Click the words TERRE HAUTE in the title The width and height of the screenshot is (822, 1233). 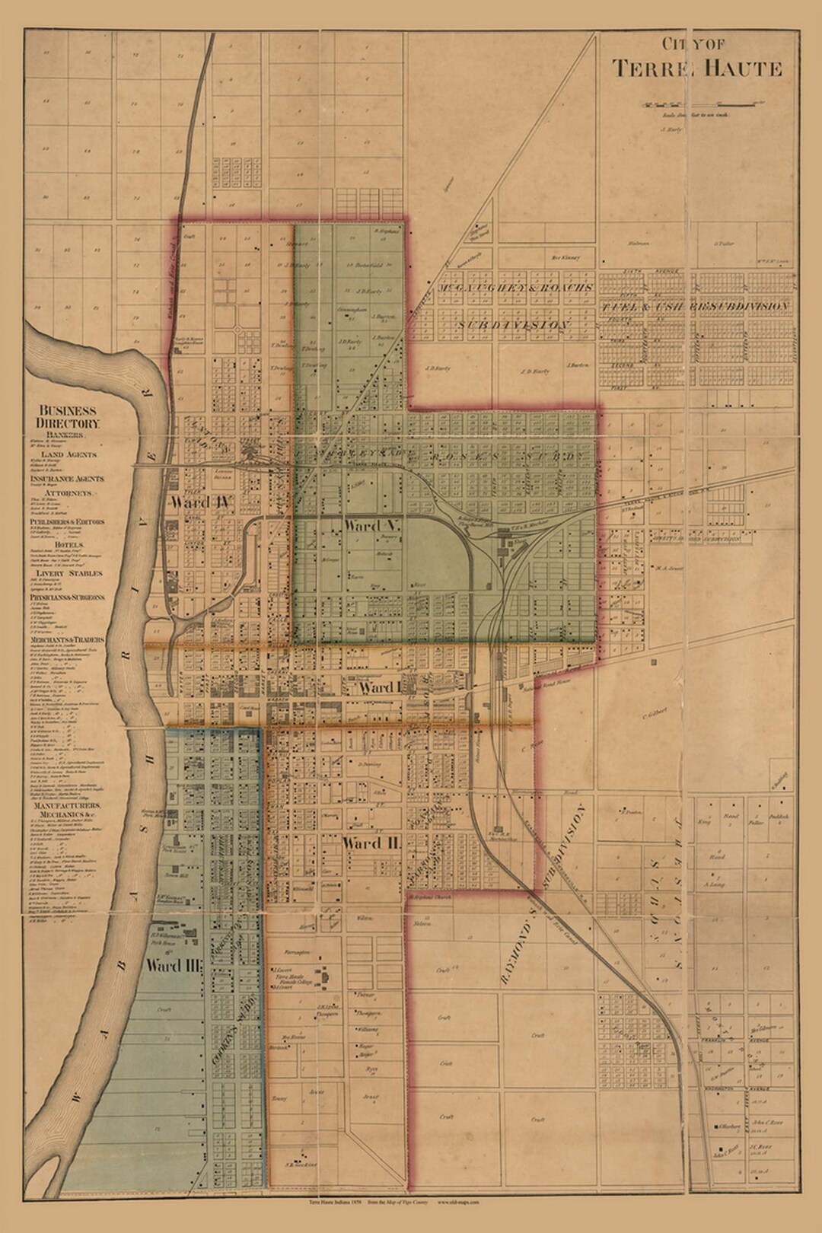(697, 68)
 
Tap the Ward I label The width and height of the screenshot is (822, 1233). (378, 688)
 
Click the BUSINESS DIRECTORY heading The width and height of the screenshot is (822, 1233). (68, 416)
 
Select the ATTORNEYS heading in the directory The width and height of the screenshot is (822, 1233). (71, 493)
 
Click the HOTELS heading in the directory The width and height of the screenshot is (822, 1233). (68, 546)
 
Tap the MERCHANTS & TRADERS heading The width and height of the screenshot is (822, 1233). (68, 640)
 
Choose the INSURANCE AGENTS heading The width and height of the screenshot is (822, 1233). (68, 479)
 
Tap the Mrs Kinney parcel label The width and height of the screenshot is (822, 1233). (566, 258)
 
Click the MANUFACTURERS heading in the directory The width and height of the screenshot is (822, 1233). (68, 805)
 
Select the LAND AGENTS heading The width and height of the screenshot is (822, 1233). (68, 454)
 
